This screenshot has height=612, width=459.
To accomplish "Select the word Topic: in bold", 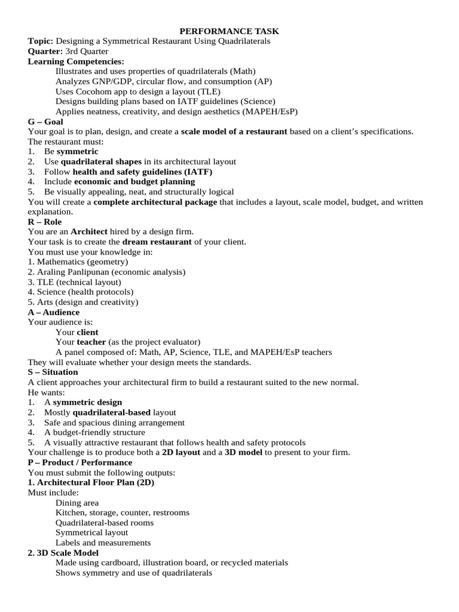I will pos(41,41).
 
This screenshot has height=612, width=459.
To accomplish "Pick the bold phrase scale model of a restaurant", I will pos(234,131).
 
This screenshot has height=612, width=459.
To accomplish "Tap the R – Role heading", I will pos(45,222).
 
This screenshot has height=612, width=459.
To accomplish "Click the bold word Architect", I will pos(89,232).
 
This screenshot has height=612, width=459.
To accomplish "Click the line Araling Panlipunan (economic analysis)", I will pos(106,272).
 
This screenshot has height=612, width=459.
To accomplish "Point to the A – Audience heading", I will pos(54,312).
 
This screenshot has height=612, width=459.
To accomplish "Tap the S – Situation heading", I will pos(53,372).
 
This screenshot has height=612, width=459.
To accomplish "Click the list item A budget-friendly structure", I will pos(94,432).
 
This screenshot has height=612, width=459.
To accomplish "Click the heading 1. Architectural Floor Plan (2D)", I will pos(91,483).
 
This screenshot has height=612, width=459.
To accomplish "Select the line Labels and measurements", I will pos(103,543).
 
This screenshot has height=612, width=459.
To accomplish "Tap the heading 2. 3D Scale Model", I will pos(63,553).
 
